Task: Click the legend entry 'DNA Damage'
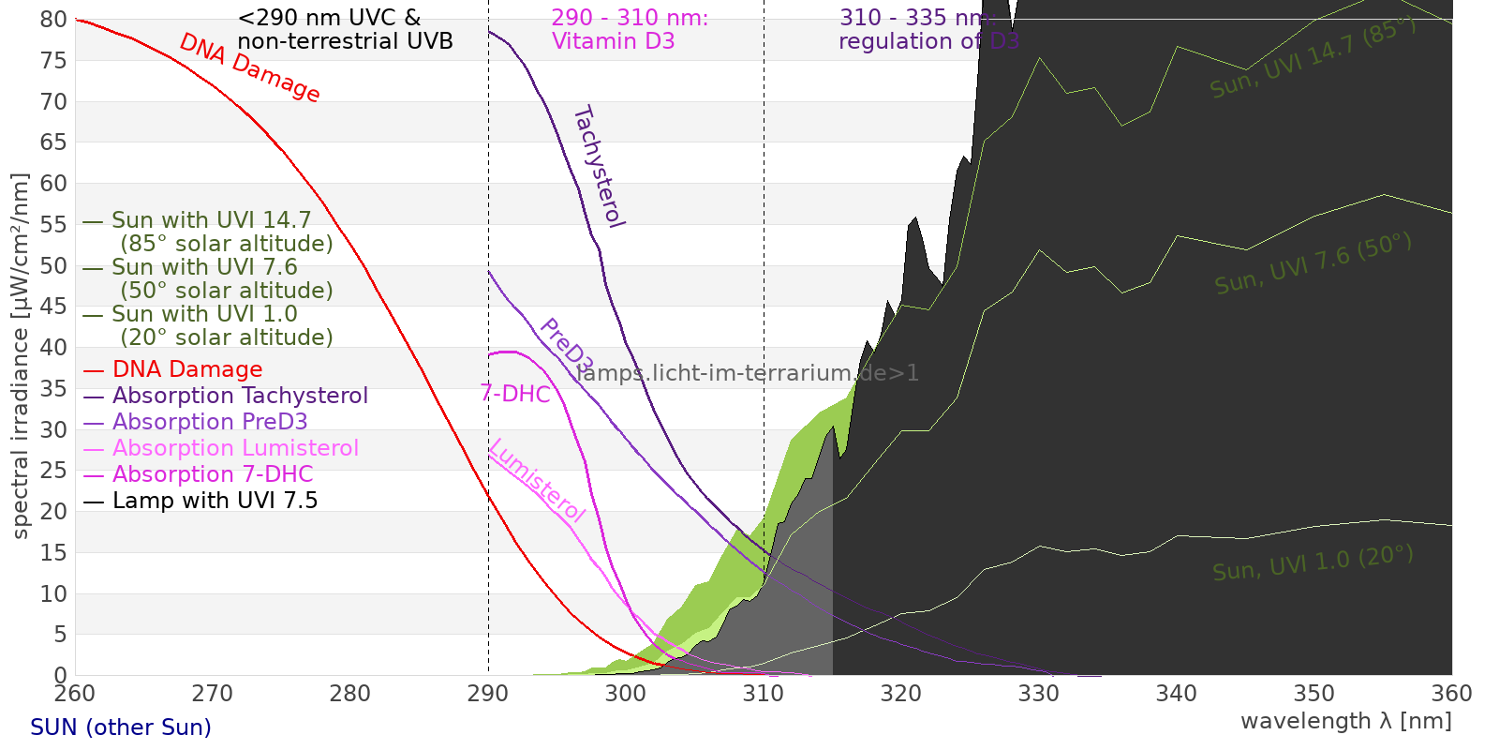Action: (x=187, y=369)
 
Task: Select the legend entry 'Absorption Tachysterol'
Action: (x=240, y=396)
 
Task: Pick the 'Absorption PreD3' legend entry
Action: (x=210, y=422)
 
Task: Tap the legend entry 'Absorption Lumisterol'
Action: (x=235, y=448)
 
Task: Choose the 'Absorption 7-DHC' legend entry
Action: (x=213, y=474)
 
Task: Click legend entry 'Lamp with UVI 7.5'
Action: (x=215, y=501)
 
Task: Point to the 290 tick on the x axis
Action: (x=488, y=694)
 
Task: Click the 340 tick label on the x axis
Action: (x=1177, y=694)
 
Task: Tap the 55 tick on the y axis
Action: (x=54, y=224)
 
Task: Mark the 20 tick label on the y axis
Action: (x=54, y=511)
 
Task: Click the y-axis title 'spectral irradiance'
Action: (x=21, y=356)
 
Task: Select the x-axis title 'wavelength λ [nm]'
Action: (x=1345, y=721)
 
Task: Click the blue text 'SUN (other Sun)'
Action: (x=121, y=727)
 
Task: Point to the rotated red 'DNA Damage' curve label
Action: (x=249, y=67)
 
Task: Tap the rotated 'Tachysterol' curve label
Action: (x=599, y=166)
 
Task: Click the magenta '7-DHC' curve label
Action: (x=515, y=394)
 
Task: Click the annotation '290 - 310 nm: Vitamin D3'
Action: (x=629, y=30)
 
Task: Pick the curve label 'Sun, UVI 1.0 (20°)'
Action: (x=1312, y=563)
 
